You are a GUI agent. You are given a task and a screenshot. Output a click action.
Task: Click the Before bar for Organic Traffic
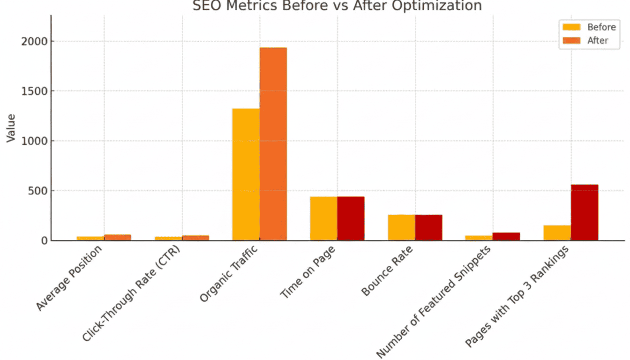pos(246,174)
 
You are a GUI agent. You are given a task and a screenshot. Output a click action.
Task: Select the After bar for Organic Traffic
pos(273,144)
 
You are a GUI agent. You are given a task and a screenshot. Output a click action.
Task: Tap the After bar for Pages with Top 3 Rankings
pos(585,212)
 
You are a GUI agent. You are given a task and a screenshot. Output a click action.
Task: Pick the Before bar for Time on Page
pos(323,218)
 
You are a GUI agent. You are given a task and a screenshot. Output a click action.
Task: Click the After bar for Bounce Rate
pos(428,227)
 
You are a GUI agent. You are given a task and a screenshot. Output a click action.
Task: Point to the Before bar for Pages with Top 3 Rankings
pos(557,233)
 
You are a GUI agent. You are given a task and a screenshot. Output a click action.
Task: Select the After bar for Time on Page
pos(351,218)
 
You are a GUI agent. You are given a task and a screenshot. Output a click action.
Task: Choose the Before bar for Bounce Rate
pos(401,227)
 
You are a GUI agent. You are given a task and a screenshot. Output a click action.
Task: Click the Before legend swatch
pos(571,27)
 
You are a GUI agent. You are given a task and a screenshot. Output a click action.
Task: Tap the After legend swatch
pos(571,41)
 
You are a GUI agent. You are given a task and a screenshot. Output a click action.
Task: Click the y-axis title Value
pos(10,128)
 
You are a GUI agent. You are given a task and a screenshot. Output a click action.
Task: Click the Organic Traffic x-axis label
pos(230,274)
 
